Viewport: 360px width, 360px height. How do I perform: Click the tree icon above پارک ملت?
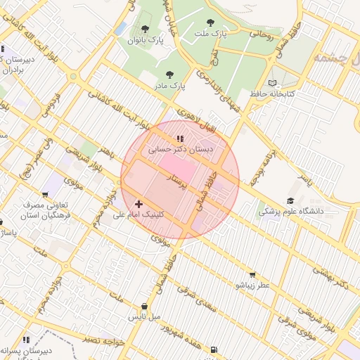[210, 22]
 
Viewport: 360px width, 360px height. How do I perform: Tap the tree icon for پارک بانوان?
[145, 29]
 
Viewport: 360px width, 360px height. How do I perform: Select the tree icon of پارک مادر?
[168, 74]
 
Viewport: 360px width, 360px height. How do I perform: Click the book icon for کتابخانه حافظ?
[273, 83]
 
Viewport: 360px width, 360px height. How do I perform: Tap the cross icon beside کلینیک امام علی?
[139, 203]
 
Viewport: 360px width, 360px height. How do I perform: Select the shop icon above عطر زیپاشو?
[252, 275]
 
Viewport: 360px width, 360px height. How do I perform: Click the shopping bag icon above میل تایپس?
[145, 306]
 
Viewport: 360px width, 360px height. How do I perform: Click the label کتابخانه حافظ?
[289, 94]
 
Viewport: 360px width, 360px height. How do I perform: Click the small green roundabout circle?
[73, 77]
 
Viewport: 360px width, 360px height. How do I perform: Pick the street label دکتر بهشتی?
[330, 276]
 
